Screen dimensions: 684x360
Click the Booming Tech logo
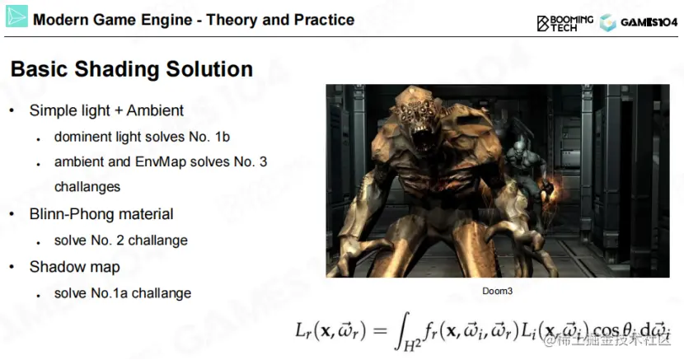pos(565,24)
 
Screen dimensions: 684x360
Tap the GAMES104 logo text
pos(649,22)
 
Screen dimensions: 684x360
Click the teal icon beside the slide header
pos(16,16)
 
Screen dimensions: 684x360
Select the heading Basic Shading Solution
pos(132,69)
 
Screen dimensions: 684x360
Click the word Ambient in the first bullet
pos(155,110)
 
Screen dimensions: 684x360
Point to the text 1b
pos(223,137)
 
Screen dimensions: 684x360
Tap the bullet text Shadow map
pos(75,267)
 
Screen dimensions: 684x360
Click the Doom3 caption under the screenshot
pos(497,291)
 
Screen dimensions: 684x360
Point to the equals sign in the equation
pos(380,330)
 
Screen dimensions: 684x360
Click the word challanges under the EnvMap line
pos(87,187)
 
